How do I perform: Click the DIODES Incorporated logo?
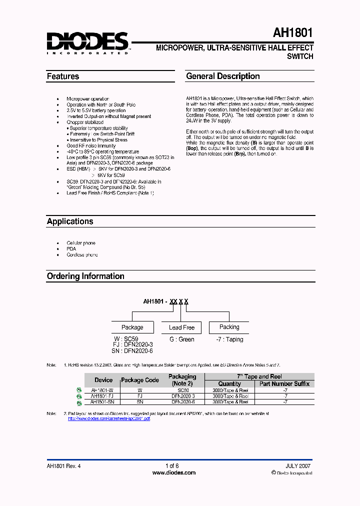[87, 42]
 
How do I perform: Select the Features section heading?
[63, 76]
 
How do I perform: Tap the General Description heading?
[222, 76]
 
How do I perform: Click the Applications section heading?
[70, 221]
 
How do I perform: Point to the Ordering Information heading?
[85, 276]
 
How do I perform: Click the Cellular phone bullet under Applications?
[81, 242]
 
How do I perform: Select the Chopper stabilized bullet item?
[85, 122]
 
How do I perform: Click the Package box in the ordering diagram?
[132, 327]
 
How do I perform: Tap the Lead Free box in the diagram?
[181, 327]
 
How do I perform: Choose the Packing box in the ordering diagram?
[229, 327]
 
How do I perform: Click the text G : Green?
[181, 339]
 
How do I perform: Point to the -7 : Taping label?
[229, 339]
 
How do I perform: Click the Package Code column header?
[140, 380]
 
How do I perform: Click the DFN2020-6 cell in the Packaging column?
[183, 402]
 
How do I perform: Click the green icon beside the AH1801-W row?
[78, 390]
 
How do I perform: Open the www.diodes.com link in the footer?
[173, 472]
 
